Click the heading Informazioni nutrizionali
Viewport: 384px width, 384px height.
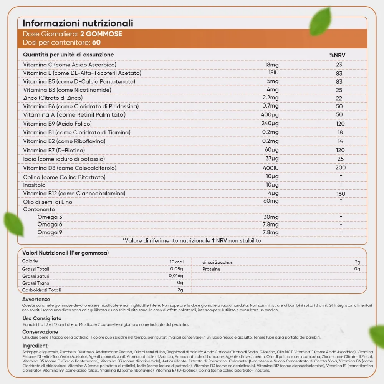click(x=78, y=23)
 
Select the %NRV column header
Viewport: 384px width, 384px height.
click(x=337, y=55)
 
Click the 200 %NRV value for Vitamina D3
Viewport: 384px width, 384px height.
click(x=340, y=167)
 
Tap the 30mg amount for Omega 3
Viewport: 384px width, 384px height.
click(x=271, y=217)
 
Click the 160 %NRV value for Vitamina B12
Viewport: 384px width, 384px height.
click(x=341, y=194)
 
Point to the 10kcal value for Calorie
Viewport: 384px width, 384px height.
click(x=177, y=262)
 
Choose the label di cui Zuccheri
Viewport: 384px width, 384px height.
click(x=218, y=262)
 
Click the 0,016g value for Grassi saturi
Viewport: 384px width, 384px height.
click(x=176, y=276)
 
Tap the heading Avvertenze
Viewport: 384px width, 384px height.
click(x=36, y=300)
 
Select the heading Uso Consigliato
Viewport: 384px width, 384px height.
click(x=42, y=318)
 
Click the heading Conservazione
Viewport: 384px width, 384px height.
click(x=40, y=332)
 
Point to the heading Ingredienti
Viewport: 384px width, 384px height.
click(x=36, y=346)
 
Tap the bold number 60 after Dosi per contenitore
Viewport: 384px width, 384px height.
click(x=96, y=42)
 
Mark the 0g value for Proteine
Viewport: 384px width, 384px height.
click(x=358, y=269)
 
